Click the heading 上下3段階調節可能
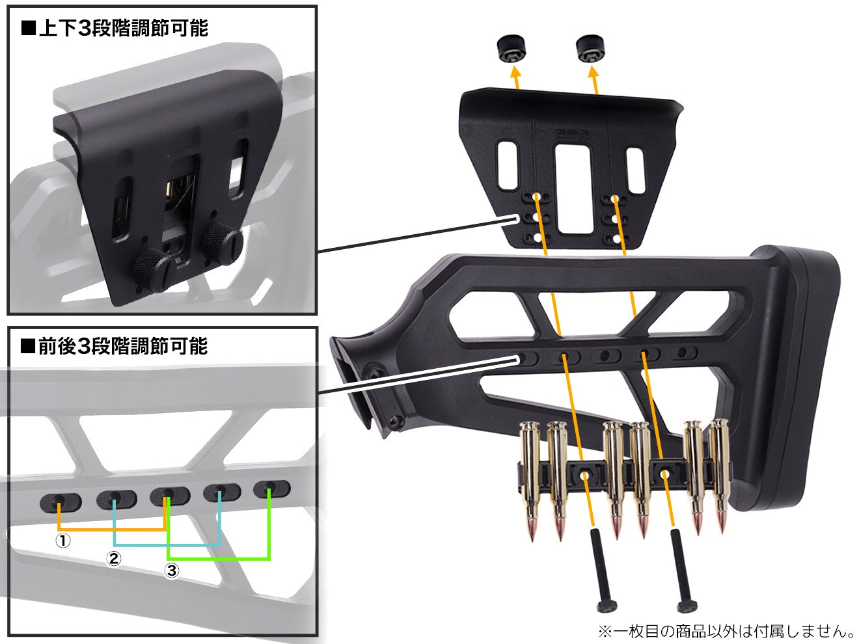(x=115, y=29)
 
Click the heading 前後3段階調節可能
(x=115, y=347)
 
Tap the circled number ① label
(x=63, y=541)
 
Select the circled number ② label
(x=114, y=558)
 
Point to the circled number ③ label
(x=171, y=570)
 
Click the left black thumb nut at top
(x=511, y=50)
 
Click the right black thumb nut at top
(x=590, y=49)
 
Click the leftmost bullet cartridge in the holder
(x=530, y=480)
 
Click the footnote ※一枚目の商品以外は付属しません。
(x=726, y=631)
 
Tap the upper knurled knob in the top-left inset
(x=221, y=243)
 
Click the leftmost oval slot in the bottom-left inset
(x=61, y=502)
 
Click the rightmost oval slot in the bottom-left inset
(x=272, y=489)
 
